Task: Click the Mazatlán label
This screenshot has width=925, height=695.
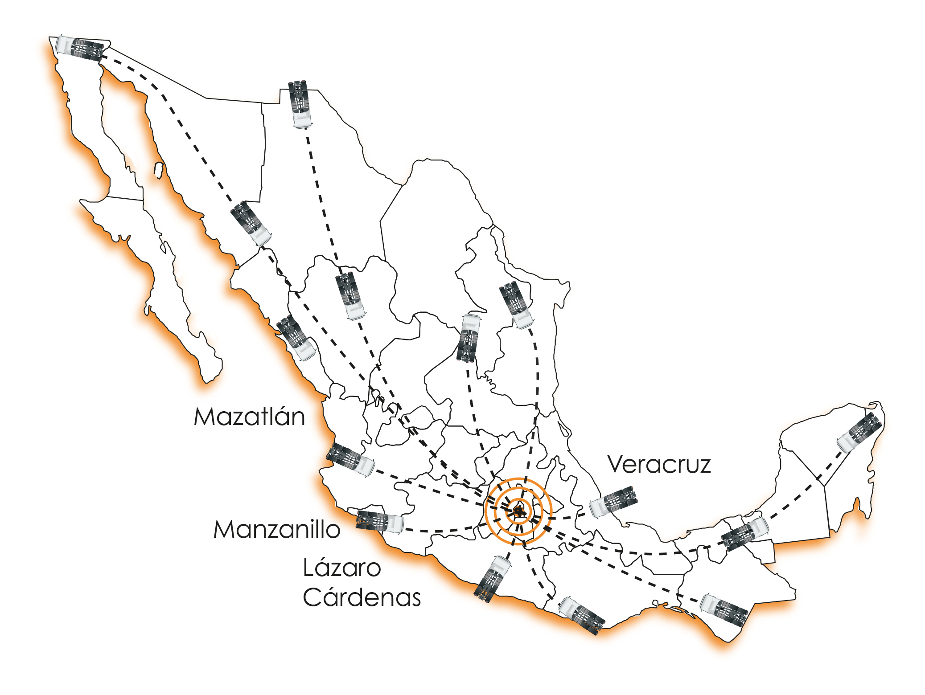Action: click(250, 417)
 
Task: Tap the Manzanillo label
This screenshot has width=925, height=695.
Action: click(277, 529)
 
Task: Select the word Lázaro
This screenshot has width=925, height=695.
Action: click(342, 567)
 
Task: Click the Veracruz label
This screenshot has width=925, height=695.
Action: click(659, 464)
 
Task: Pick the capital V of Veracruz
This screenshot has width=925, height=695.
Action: click(618, 464)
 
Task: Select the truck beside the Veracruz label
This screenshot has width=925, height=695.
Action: click(613, 502)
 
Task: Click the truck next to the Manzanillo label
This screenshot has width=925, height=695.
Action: click(380, 521)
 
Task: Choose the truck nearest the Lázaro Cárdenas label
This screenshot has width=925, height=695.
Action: click(493, 579)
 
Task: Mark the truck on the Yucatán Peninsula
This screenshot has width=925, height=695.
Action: click(859, 432)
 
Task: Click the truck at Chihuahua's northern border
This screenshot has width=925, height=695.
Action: click(300, 104)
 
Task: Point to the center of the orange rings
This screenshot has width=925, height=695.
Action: click(518, 511)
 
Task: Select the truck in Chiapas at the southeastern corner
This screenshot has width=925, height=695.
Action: click(724, 610)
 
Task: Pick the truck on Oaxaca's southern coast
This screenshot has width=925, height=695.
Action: click(582, 615)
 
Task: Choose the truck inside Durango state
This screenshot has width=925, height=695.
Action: click(350, 296)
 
